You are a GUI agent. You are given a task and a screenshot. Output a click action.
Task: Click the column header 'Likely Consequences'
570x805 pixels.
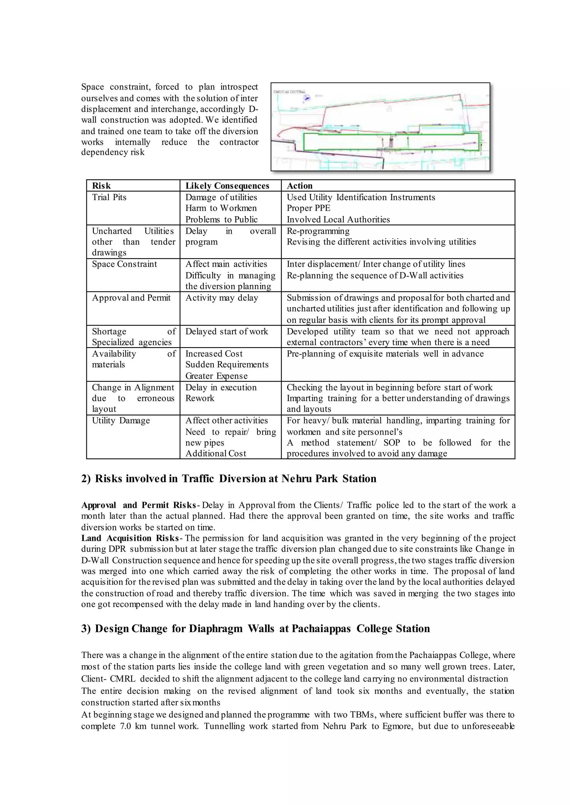[x=227, y=186]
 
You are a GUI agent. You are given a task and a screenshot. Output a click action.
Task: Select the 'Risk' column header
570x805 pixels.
[x=101, y=186]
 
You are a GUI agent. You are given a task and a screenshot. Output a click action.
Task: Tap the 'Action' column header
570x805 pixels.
[x=299, y=186]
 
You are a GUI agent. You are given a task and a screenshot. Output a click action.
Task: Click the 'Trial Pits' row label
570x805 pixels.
[x=109, y=197]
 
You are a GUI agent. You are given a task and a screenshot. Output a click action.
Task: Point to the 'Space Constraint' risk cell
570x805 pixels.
[x=124, y=264]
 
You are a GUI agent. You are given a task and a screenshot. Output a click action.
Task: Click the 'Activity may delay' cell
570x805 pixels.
[x=222, y=298]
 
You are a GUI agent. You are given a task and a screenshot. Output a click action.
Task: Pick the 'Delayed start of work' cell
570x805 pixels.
[x=226, y=331]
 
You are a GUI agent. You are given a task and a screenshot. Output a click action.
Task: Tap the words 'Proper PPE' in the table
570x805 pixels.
[x=308, y=208]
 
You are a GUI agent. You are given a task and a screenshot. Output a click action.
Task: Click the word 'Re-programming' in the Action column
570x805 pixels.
[x=318, y=231]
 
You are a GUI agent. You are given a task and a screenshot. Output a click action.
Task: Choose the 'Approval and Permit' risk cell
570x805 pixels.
[x=131, y=298]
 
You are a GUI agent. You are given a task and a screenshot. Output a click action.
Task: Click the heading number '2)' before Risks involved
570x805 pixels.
[x=86, y=479]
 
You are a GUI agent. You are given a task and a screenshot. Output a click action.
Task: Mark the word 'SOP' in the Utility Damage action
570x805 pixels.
[x=391, y=443]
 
